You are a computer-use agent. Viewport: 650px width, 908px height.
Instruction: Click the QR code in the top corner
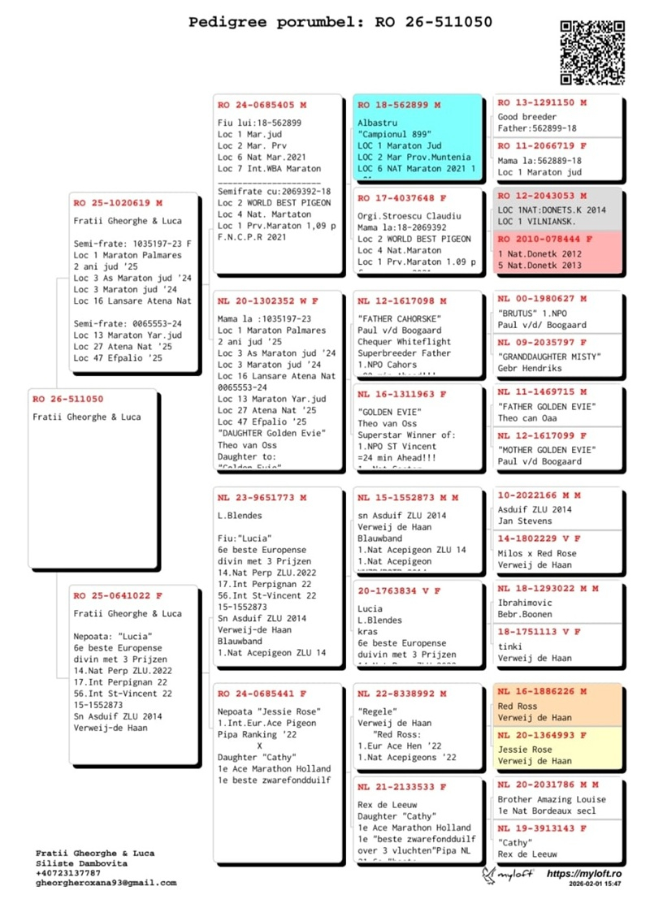click(591, 52)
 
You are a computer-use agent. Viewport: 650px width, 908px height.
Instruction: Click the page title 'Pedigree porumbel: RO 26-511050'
click(340, 22)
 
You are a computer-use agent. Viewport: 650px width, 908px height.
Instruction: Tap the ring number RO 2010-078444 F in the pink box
click(544, 240)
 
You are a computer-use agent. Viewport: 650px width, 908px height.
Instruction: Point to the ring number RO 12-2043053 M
click(541, 196)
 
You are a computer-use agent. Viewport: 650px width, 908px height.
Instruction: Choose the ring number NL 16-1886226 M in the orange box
click(541, 692)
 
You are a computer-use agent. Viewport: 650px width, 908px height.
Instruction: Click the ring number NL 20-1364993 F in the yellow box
click(541, 735)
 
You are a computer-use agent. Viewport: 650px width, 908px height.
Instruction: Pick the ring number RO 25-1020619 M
click(117, 202)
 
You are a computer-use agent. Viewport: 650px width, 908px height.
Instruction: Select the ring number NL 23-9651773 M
click(262, 497)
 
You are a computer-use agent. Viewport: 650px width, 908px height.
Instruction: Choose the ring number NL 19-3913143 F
click(541, 828)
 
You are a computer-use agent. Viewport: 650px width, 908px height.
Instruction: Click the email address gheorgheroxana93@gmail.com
click(106, 882)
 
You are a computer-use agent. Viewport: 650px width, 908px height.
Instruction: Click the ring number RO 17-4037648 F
click(401, 198)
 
